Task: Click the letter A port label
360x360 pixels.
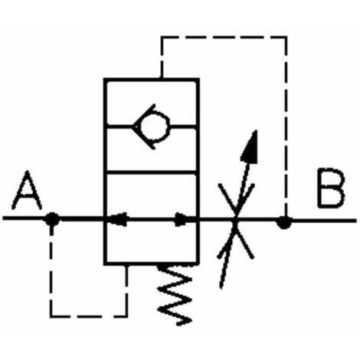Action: (27, 190)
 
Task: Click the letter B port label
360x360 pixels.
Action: (331, 188)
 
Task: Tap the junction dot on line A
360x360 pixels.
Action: (52, 219)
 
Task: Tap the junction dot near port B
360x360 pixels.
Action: (285, 222)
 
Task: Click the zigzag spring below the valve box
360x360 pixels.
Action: (175, 295)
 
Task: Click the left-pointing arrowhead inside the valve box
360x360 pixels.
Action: (118, 219)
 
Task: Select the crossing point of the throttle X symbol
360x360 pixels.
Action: (236, 220)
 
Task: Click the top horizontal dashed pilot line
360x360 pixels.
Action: (224, 38)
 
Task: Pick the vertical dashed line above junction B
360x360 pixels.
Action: (286, 126)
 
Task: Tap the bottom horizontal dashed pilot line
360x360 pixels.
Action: (88, 316)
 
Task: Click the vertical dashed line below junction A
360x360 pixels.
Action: (52, 271)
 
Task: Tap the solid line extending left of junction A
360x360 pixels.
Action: (25, 218)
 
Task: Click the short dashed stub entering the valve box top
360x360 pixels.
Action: (162, 70)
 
